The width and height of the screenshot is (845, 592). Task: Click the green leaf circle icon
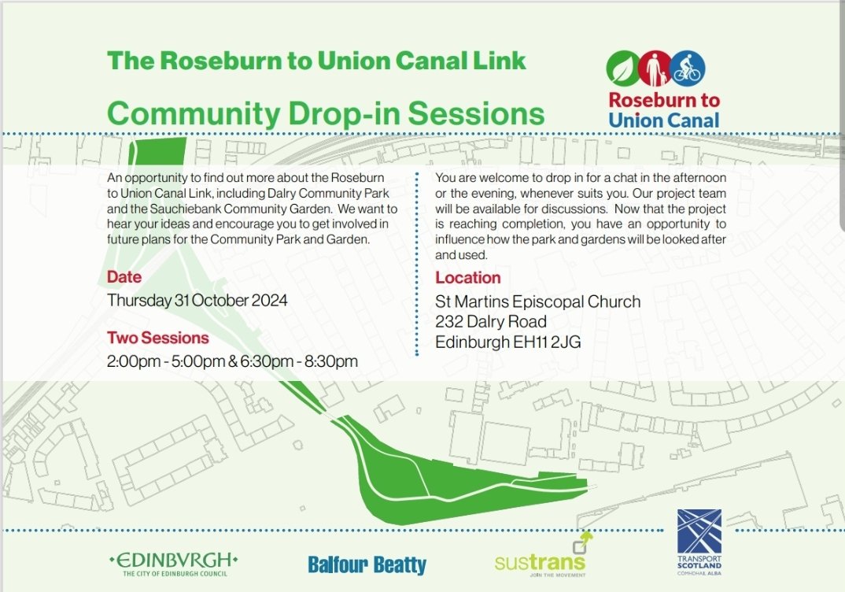623,69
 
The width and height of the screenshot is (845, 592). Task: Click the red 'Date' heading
124,277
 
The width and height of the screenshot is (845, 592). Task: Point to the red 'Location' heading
468,277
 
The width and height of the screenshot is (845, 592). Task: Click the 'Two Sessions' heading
158,338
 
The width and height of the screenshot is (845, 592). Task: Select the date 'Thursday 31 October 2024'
197,300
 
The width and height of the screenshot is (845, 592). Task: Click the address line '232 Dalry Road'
491,322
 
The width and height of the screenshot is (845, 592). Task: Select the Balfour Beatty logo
367,564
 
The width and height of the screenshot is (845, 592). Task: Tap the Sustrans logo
541,560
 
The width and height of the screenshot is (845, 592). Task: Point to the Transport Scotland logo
699,543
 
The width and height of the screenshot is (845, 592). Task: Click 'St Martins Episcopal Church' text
538,302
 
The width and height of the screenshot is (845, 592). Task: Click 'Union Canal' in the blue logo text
664,120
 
